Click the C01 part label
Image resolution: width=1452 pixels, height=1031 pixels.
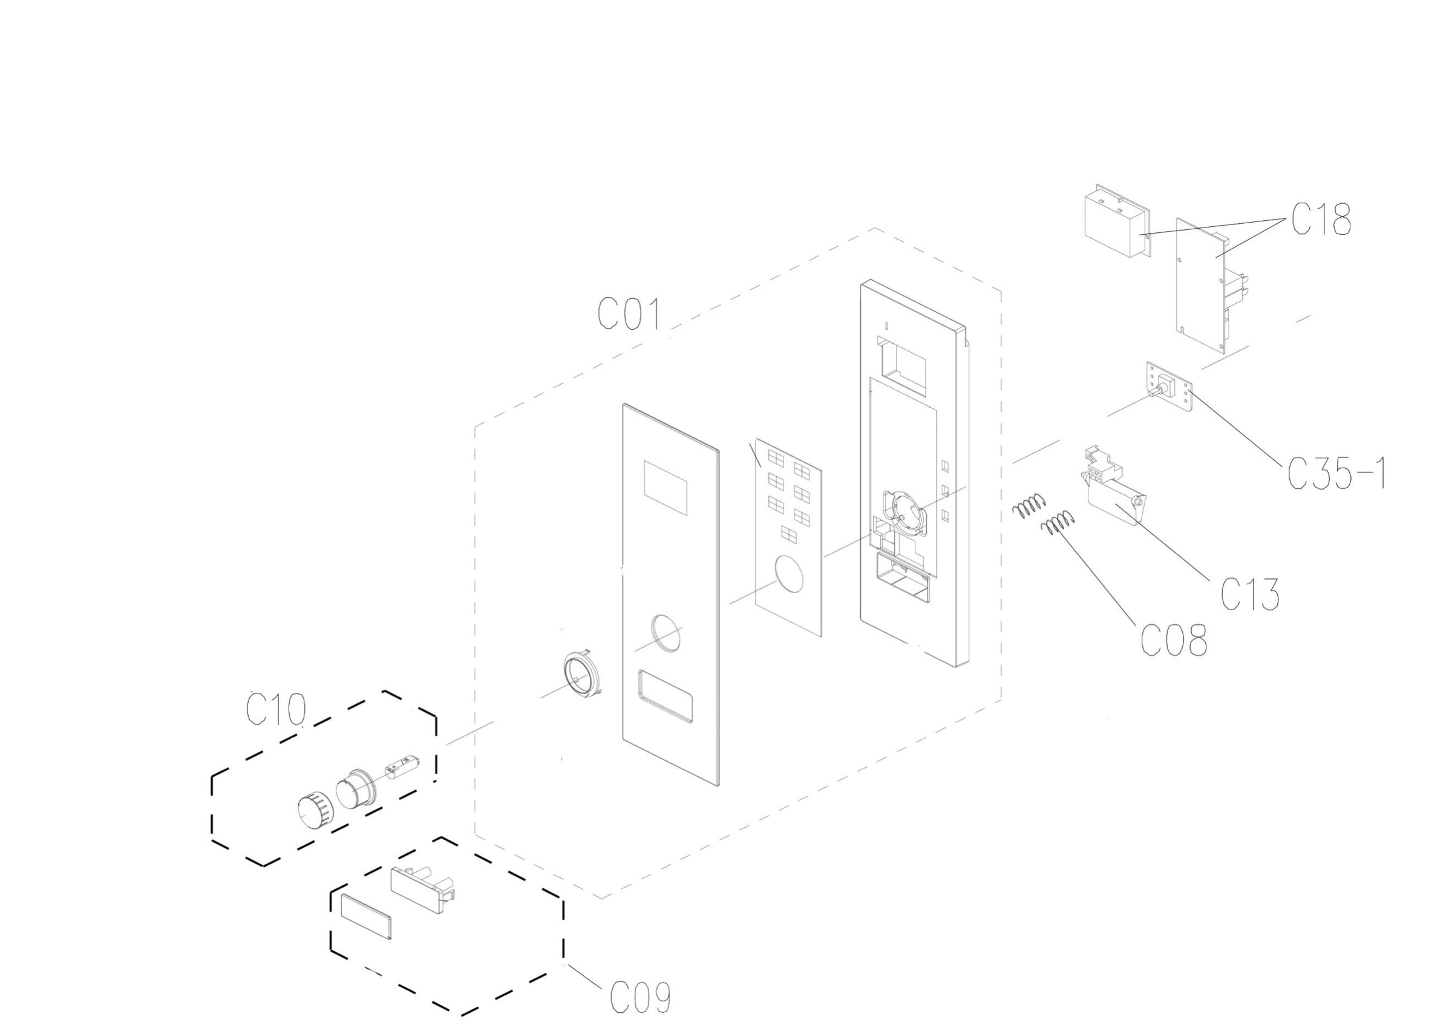[x=629, y=314]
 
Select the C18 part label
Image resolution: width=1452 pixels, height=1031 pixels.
[x=1321, y=220]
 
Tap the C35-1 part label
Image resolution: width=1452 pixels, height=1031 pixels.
[x=1337, y=473]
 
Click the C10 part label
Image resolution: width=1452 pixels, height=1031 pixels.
[x=276, y=709]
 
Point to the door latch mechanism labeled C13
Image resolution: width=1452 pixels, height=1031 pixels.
[x=1112, y=485]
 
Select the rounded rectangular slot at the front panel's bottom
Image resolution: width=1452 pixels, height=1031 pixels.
[x=664, y=696]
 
